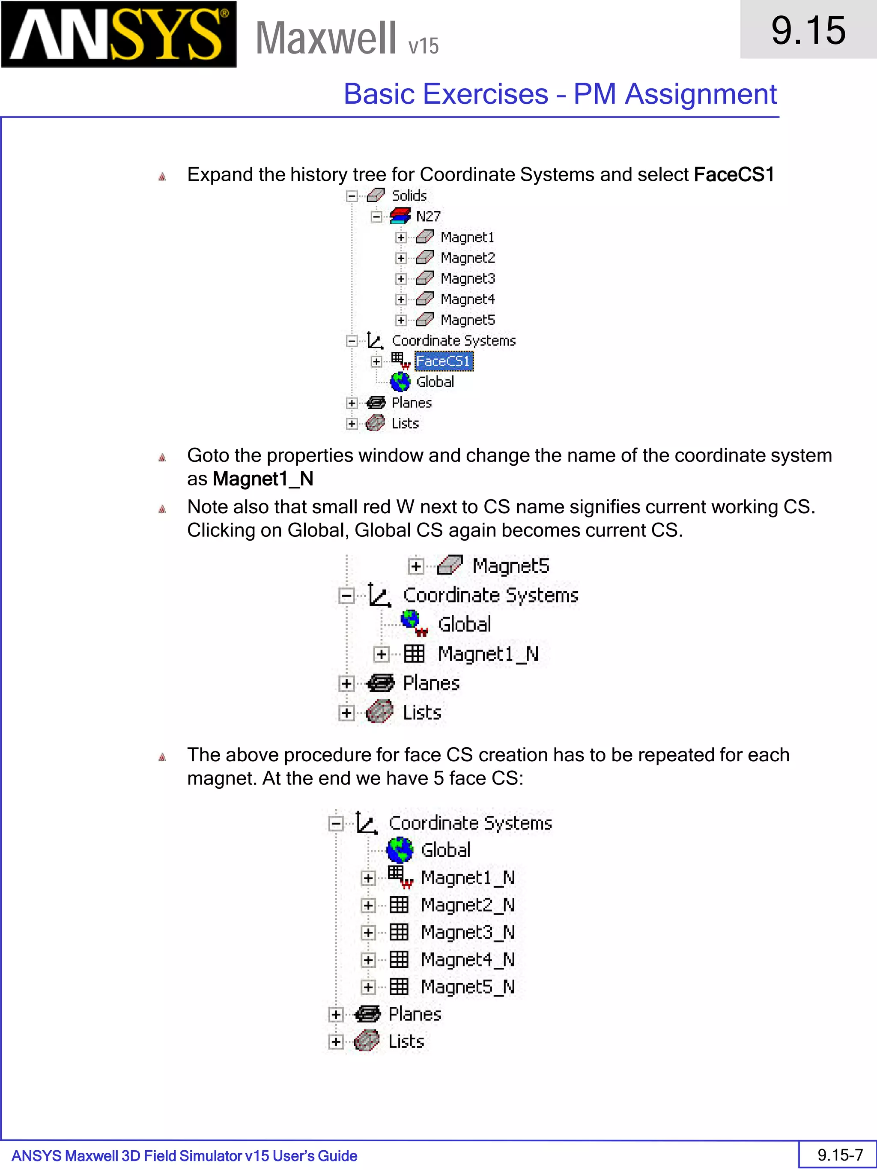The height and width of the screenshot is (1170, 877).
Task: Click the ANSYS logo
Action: pos(119,34)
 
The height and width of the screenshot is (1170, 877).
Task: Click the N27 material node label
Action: pos(428,216)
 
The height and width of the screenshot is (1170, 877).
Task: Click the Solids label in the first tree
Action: pos(409,196)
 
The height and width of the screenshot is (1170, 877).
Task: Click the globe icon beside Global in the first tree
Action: pos(400,381)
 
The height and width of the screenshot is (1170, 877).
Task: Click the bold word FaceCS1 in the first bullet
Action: pos(733,174)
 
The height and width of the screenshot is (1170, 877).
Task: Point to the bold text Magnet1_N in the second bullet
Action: pos(263,479)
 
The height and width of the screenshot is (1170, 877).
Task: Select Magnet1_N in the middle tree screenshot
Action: pos(487,654)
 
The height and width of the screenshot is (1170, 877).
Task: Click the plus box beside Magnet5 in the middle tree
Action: pos(416,566)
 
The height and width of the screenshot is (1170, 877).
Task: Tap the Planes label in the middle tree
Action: pos(431,683)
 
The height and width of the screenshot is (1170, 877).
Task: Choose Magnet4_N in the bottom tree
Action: pos(467,960)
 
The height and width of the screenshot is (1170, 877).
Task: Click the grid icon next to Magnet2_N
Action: pos(399,905)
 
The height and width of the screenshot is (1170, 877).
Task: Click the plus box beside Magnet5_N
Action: pos(368,987)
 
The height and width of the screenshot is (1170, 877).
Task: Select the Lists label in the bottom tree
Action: pos(406,1041)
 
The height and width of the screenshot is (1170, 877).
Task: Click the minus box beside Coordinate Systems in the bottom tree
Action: pos(336,823)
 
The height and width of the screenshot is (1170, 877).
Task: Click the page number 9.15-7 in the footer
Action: pos(839,1155)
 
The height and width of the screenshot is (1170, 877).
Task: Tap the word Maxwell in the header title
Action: pos(325,38)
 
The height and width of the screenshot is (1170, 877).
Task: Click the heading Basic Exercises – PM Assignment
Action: pos(560,94)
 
